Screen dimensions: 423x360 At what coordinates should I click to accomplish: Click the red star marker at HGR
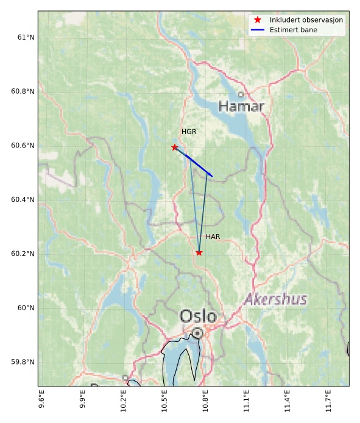(x=175, y=148)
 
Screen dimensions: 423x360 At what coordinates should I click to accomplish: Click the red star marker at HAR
(x=199, y=252)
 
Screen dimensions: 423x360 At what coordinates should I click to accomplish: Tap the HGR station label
(x=189, y=132)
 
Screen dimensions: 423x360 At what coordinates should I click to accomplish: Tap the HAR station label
(x=213, y=236)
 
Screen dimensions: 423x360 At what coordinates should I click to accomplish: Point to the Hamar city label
(x=241, y=107)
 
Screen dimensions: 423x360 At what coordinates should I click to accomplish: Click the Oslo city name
(x=198, y=316)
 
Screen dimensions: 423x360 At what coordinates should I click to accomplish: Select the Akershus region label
(x=275, y=299)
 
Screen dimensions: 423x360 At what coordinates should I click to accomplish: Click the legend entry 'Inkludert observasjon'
(x=306, y=20)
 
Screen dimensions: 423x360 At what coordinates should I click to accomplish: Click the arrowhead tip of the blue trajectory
(x=213, y=177)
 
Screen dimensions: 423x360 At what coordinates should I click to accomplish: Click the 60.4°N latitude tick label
(x=22, y=200)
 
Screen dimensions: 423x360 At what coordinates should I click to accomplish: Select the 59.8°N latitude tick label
(x=22, y=362)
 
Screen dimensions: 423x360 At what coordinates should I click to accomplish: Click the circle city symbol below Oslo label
(x=197, y=333)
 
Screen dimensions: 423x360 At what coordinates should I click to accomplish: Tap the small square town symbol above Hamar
(x=241, y=94)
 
